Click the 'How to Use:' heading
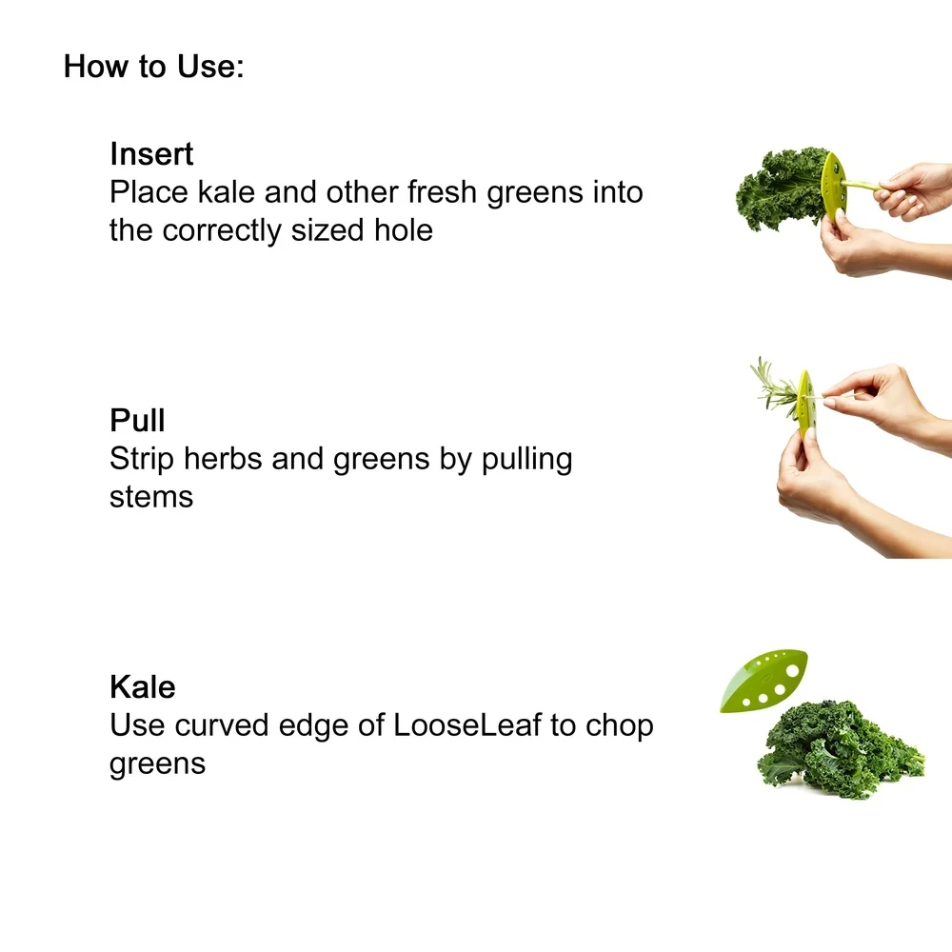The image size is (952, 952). (154, 68)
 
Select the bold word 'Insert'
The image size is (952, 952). (151, 153)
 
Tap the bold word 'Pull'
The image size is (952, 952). (138, 420)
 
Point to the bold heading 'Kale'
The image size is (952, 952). (143, 686)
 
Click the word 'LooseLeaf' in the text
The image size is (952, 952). (467, 725)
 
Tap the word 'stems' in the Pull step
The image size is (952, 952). (151, 496)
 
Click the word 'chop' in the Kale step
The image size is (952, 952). (619, 725)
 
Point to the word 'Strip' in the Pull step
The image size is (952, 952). (142, 459)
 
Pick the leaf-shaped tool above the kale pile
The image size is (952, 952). (762, 683)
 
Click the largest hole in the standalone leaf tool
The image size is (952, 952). (793, 669)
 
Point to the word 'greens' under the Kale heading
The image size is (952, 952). (157, 764)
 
